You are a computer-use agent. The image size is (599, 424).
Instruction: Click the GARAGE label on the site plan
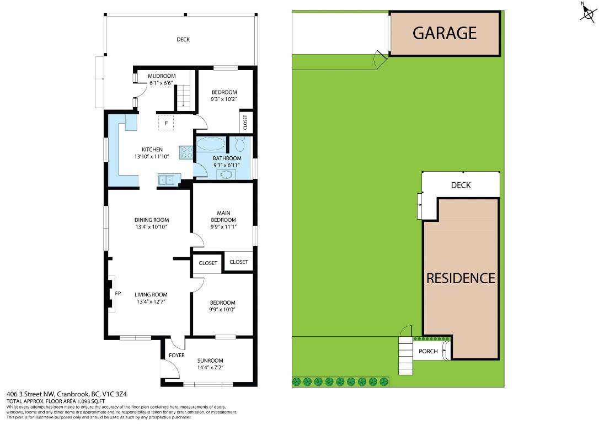(445, 33)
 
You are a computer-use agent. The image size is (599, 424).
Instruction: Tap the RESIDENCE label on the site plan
(461, 278)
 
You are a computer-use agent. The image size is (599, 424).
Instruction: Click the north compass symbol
(587, 12)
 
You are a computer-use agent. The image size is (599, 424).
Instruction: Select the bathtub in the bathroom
(211, 145)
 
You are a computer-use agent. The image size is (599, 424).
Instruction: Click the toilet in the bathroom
(240, 145)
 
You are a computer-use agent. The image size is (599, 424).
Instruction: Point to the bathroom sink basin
(226, 174)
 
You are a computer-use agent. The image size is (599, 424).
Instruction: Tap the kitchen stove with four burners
(186, 152)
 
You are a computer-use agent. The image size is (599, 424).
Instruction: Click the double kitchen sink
(165, 179)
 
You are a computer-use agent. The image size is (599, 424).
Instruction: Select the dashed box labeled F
(166, 123)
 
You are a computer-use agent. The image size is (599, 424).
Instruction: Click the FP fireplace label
(117, 294)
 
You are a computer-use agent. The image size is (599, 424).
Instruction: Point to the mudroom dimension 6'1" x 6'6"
(161, 83)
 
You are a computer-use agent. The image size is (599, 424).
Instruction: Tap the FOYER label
(177, 355)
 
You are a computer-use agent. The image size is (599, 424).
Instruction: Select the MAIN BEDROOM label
(223, 216)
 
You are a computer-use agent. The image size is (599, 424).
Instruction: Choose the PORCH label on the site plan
(428, 351)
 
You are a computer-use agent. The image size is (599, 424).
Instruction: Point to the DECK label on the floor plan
(183, 39)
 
